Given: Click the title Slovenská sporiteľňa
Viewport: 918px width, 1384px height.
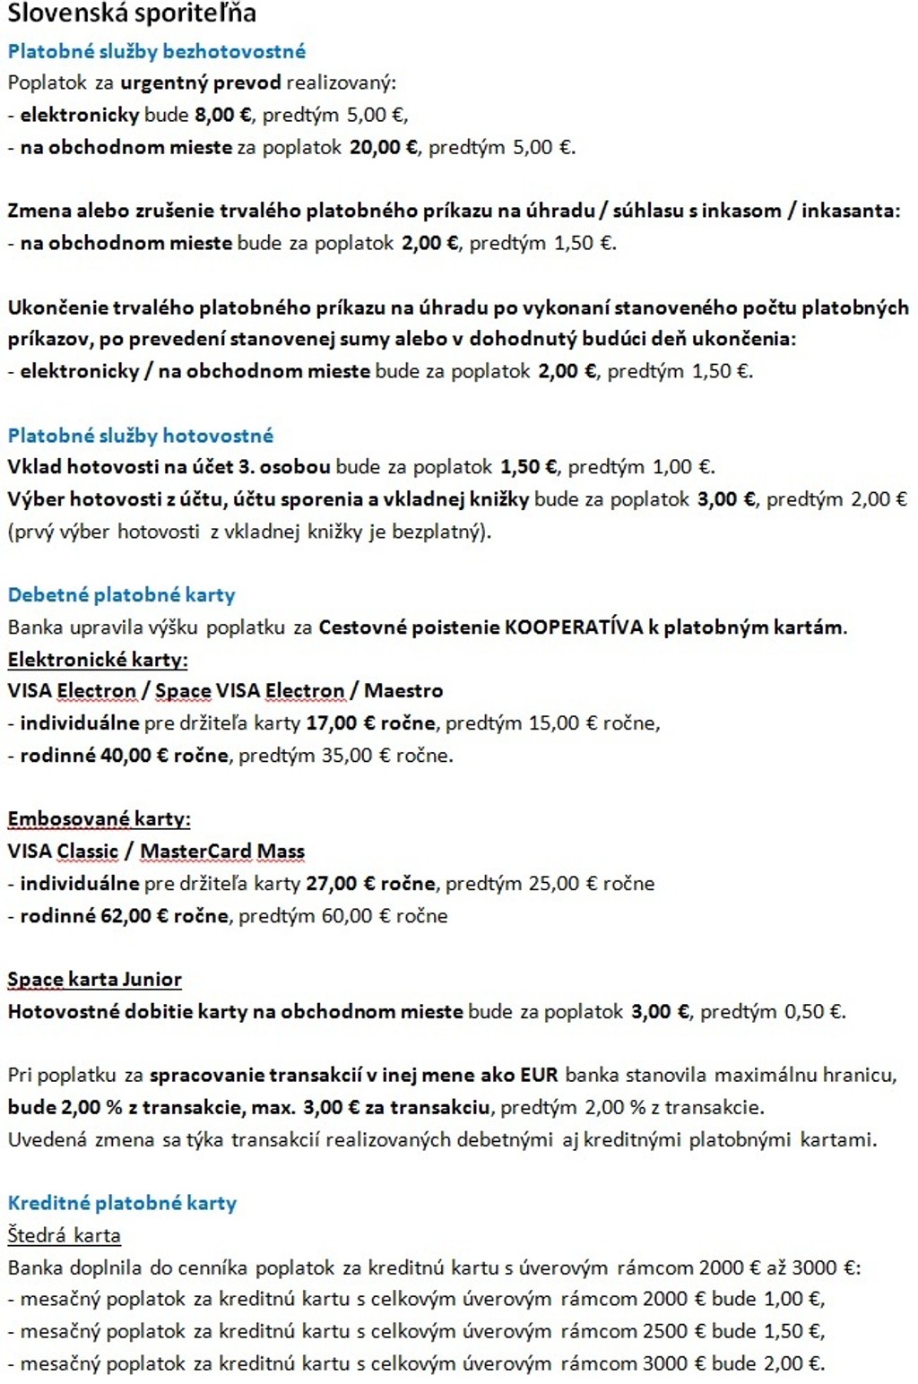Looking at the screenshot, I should click(x=132, y=13).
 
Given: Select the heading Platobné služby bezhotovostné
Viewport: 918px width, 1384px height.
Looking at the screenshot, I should click(x=157, y=51).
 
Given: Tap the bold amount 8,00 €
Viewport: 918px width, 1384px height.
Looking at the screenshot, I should click(x=224, y=115).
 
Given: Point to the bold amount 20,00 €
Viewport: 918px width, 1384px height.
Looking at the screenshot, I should click(x=383, y=147).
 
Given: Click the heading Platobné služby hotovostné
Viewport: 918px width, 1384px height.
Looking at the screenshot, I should click(x=141, y=436).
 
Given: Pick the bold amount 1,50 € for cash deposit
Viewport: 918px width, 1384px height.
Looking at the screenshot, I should click(x=529, y=467).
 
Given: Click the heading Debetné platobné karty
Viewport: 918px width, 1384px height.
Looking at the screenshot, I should click(x=122, y=595).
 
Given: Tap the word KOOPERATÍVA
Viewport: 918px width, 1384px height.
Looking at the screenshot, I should click(x=574, y=627).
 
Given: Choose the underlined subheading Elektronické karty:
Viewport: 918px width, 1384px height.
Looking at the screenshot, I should click(x=98, y=660).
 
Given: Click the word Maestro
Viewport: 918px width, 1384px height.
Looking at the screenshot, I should click(x=403, y=691).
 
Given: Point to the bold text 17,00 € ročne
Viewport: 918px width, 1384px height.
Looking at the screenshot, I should click(x=370, y=723).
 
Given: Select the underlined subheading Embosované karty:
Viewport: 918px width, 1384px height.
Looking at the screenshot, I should click(x=99, y=819).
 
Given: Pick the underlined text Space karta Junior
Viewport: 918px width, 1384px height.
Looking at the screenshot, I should click(x=94, y=980).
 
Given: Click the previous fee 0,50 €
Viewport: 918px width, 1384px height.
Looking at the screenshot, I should click(x=814, y=1012).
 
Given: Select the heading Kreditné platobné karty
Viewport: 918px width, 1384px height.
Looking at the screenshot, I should click(x=122, y=1203).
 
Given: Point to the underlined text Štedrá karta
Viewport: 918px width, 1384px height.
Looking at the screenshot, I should click(x=64, y=1235).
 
